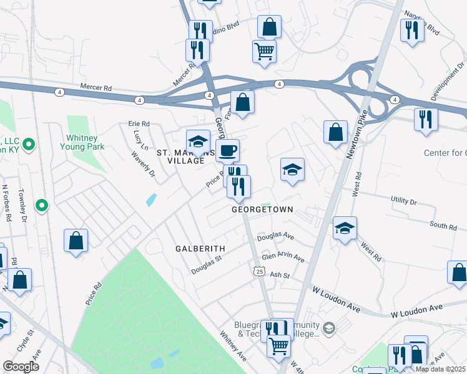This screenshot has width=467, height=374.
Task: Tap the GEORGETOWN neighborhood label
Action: tap(262, 210)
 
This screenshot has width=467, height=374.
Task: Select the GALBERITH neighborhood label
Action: tap(200, 248)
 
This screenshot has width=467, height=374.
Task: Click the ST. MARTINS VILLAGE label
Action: tap(180, 156)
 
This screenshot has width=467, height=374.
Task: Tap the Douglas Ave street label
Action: tap(275, 236)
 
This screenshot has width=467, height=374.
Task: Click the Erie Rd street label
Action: tap(139, 124)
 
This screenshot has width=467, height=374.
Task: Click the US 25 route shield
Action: tap(259, 271)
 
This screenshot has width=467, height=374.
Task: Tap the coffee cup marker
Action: tap(227, 150)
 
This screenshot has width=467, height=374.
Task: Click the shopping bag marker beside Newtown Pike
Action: tap(335, 132)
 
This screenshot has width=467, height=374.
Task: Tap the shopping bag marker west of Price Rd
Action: tap(76, 240)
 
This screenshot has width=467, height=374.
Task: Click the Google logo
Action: tap(21, 367)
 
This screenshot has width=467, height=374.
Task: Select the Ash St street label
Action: tap(280, 275)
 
